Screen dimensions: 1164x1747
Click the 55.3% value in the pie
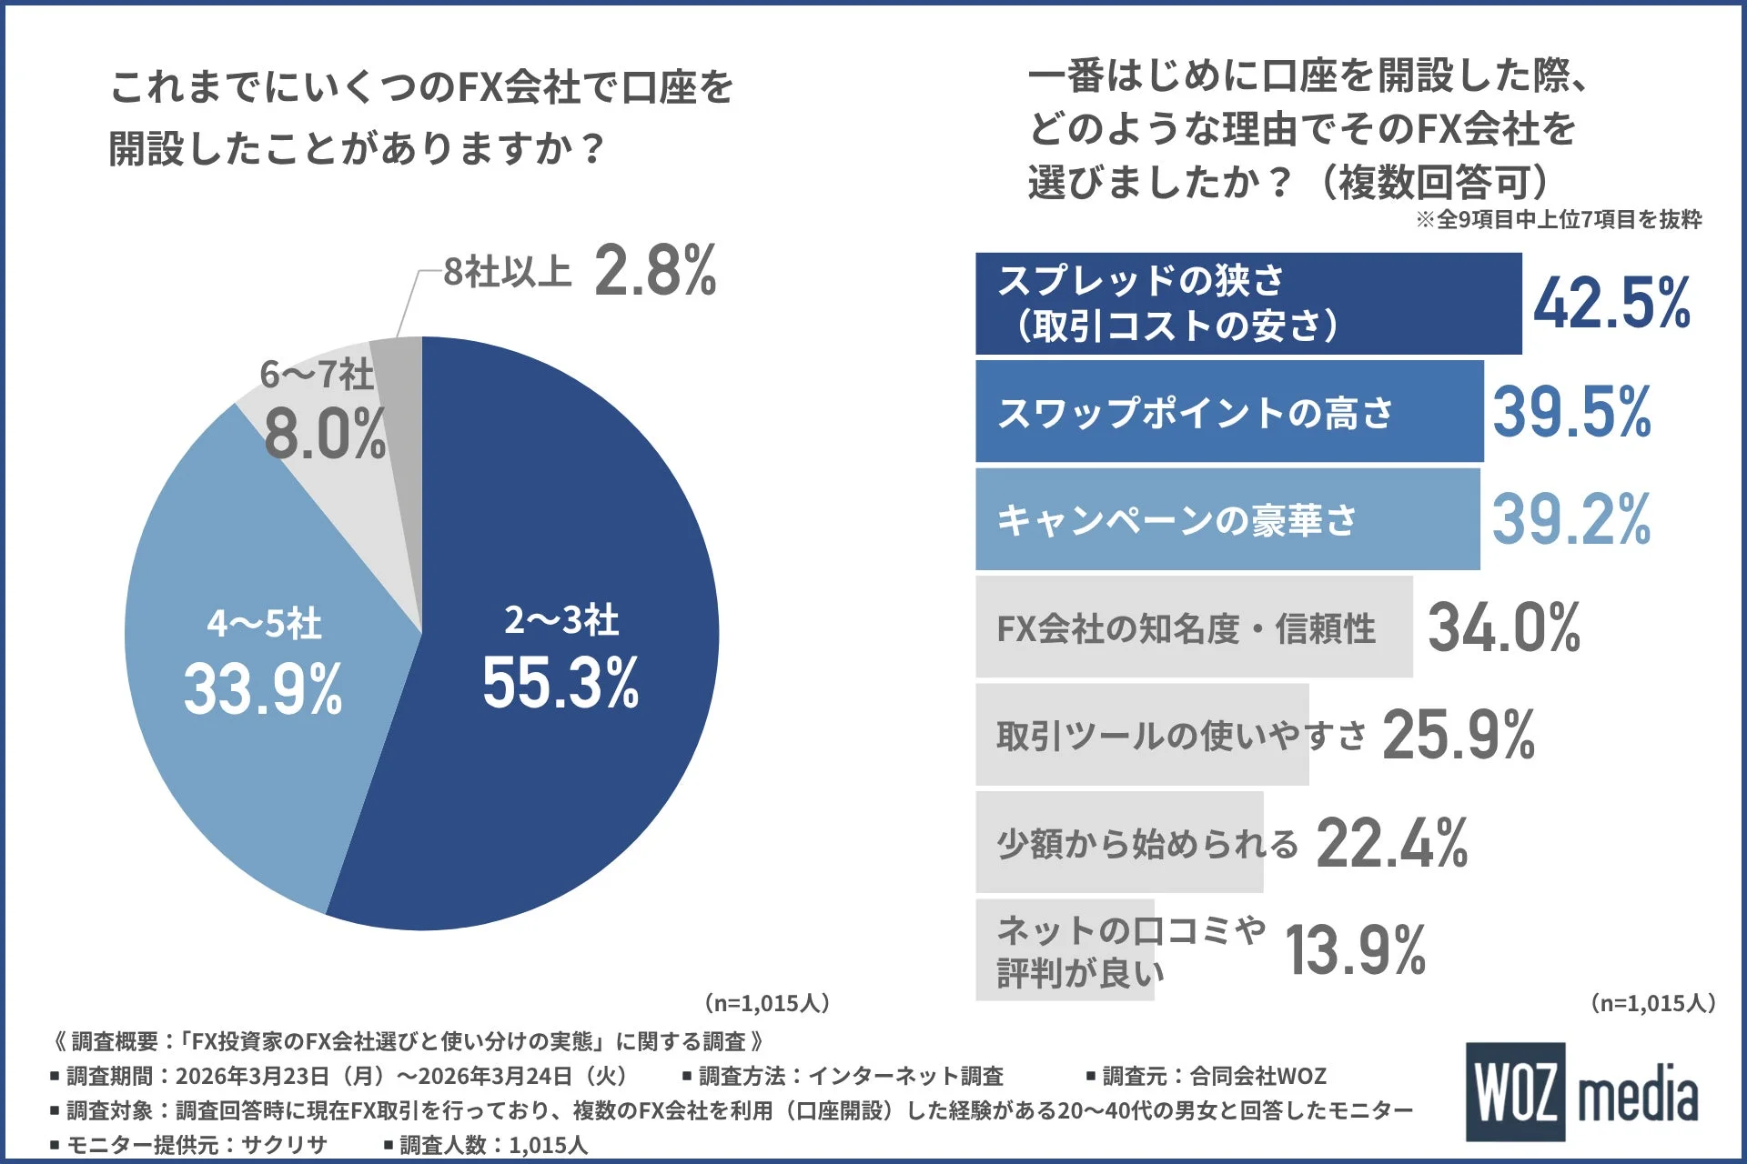click(x=560, y=683)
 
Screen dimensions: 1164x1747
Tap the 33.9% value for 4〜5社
click(x=263, y=688)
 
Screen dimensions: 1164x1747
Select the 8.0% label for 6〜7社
click(x=325, y=434)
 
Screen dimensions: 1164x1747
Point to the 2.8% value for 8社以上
click(x=655, y=271)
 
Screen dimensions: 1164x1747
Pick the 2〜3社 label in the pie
click(x=561, y=620)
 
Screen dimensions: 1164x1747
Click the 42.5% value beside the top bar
click(x=1611, y=304)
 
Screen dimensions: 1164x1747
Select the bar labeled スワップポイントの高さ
click(x=1228, y=412)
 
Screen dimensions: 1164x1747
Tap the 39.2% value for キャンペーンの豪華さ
click(x=1571, y=519)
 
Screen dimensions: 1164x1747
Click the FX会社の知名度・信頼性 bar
click(x=1193, y=627)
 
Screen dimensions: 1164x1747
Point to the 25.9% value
click(x=1459, y=735)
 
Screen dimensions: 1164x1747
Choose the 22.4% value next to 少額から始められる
click(x=1392, y=843)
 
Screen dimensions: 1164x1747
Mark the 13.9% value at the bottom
click(x=1356, y=951)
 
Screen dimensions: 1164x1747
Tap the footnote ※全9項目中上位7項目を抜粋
click(x=1558, y=219)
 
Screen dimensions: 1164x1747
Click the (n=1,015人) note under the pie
click(x=767, y=1003)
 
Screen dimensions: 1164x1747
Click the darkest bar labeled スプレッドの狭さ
click(x=1247, y=304)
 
